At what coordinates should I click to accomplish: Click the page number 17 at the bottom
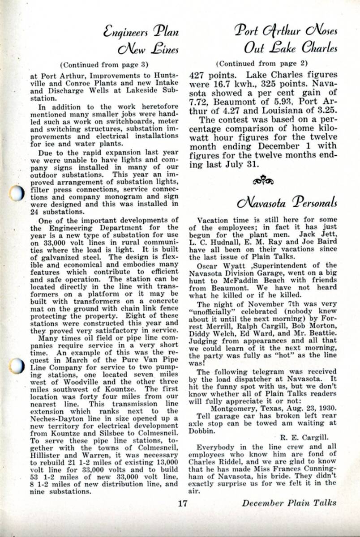[x=181, y=503]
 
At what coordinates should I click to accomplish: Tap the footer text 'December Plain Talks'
[x=289, y=503]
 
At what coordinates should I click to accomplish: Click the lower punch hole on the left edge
[x=17, y=366]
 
